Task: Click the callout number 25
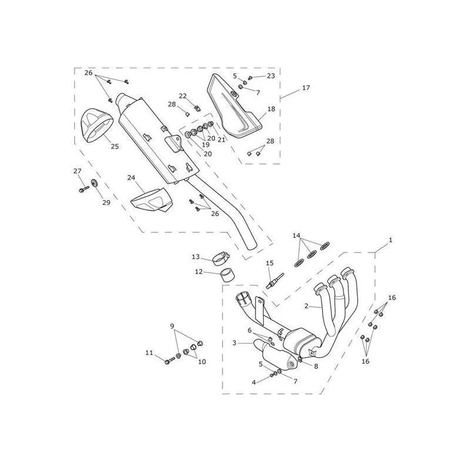pyautogui.click(x=115, y=146)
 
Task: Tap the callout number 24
pyautogui.click(x=131, y=178)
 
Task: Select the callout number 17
pyautogui.click(x=306, y=88)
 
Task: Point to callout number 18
pyautogui.click(x=271, y=109)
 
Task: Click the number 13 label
pyautogui.click(x=196, y=257)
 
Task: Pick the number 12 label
pyautogui.click(x=199, y=272)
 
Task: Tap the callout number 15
pyautogui.click(x=270, y=263)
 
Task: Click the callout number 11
pyautogui.click(x=149, y=353)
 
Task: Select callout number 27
pyautogui.click(x=78, y=171)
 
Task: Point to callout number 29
pyautogui.click(x=106, y=203)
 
